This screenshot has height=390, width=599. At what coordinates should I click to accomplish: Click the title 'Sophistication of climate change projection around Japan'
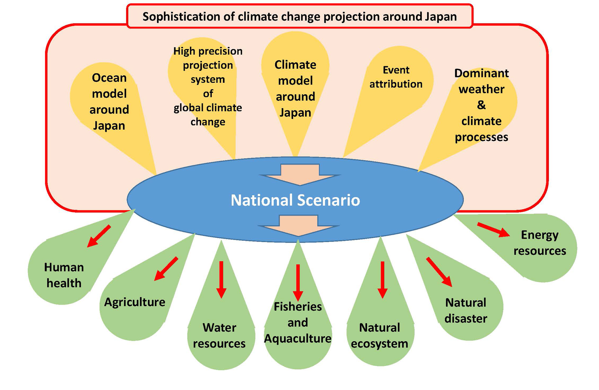299,17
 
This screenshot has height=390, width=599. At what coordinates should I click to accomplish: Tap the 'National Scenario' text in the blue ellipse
295,200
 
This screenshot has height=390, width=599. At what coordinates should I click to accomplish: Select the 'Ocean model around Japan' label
109,102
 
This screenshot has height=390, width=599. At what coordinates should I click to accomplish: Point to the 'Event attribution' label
396,77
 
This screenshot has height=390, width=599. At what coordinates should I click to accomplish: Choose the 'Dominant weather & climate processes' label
481,105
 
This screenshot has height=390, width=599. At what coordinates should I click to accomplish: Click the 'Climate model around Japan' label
295,89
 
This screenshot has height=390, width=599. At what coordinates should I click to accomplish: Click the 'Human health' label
64,275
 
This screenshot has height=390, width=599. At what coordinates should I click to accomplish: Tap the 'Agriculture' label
134,302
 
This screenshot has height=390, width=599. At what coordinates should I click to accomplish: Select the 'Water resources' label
219,335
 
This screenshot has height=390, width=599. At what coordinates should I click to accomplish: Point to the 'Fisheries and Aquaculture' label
298,322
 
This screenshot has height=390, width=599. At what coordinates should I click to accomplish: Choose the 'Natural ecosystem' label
380,335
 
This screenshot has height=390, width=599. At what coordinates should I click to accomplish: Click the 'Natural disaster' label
466,310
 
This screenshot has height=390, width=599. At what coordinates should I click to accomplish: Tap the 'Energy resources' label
540,243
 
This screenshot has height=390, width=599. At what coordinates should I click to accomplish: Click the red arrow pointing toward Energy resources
493,230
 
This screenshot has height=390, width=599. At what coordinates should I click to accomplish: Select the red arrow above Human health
99,236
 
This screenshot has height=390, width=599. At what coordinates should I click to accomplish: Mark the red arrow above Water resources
221,280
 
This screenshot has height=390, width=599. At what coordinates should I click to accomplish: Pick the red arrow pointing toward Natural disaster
439,272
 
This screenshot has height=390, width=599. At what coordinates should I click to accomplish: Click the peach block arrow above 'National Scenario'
300,175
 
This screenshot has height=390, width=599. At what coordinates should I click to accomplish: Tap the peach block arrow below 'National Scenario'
299,226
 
